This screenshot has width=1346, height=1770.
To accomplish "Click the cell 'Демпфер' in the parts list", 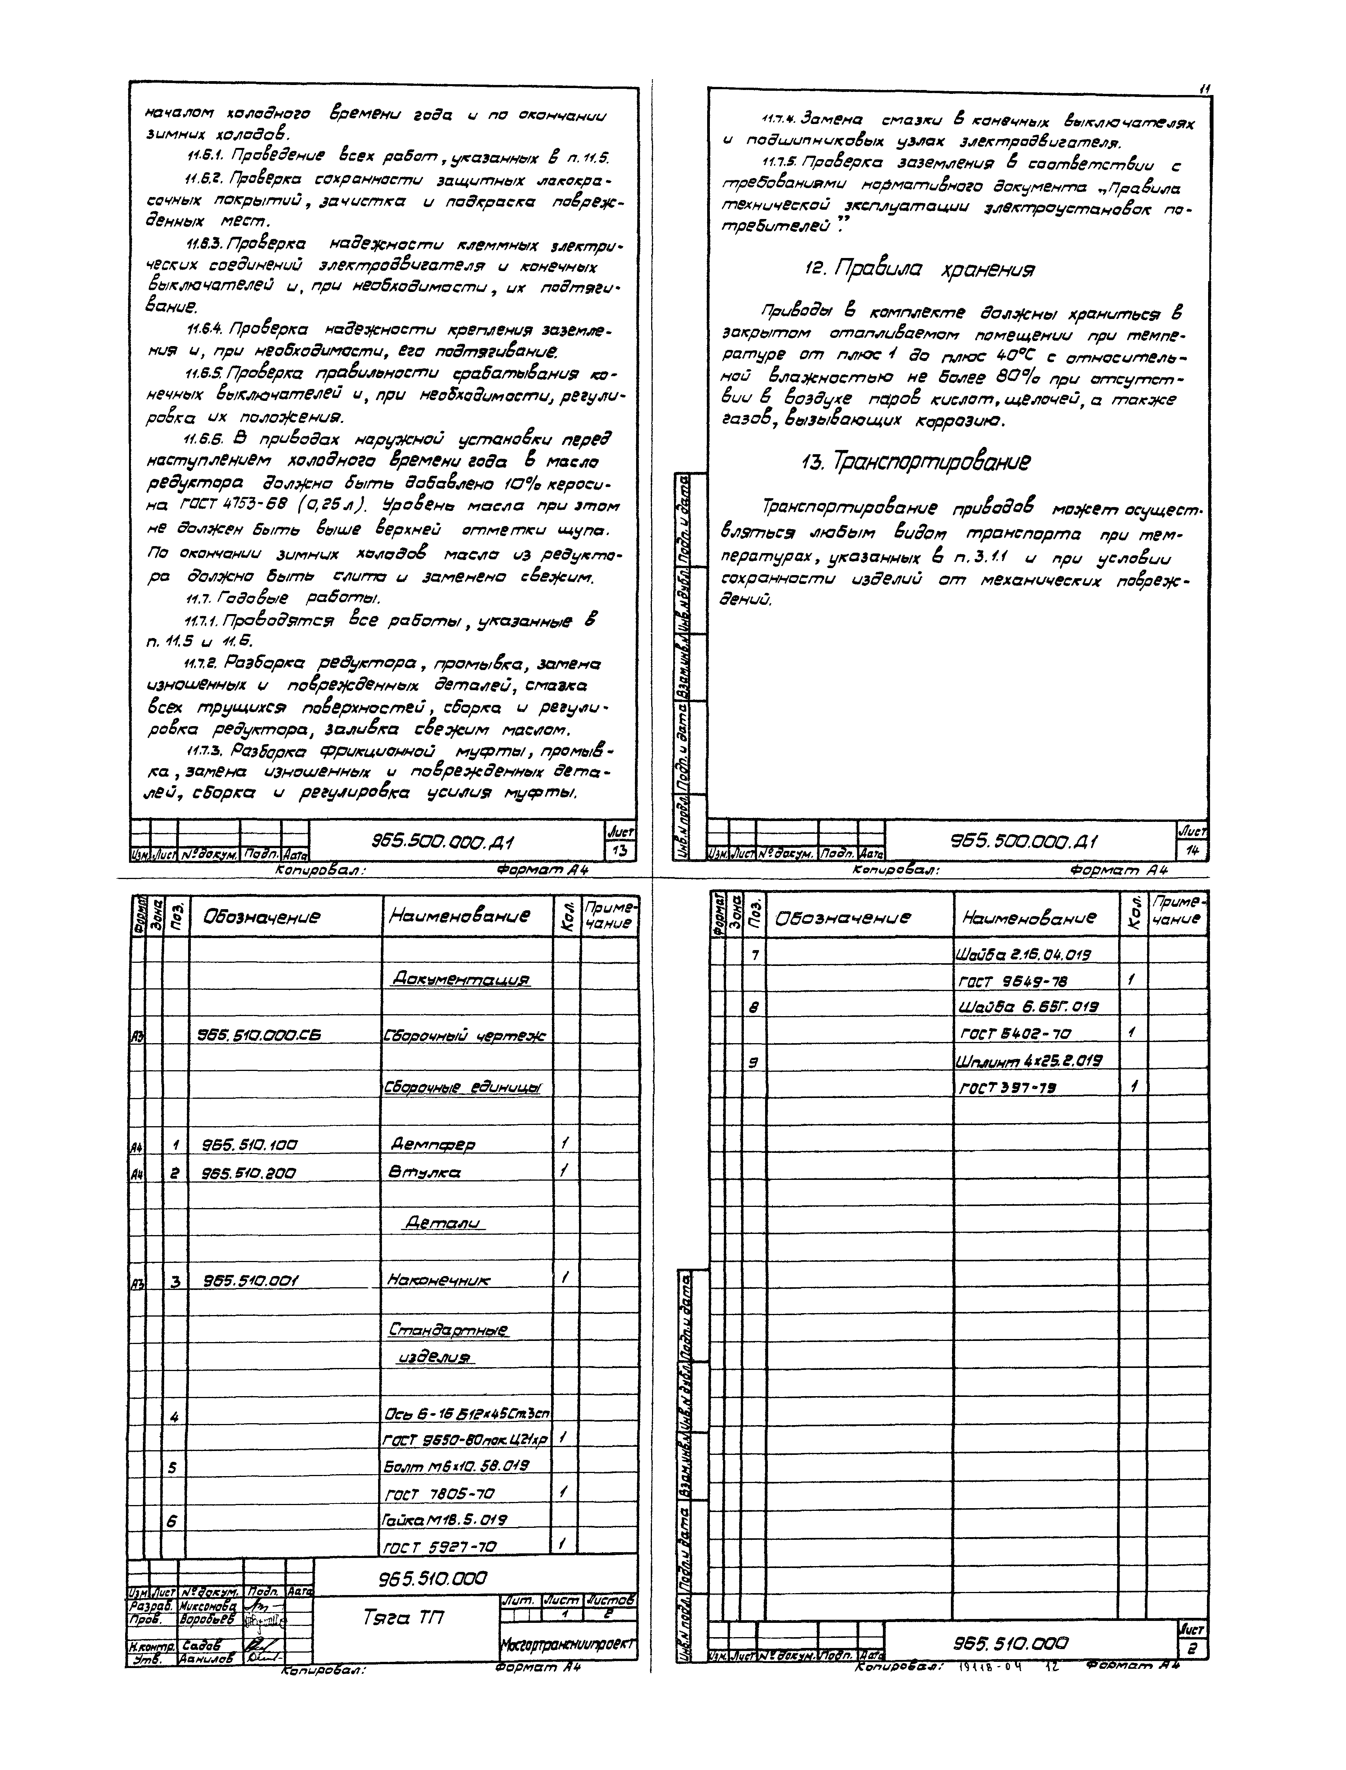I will pyautogui.click(x=433, y=1144).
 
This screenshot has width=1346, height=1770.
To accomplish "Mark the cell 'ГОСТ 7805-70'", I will pyautogui.click(x=441, y=1493).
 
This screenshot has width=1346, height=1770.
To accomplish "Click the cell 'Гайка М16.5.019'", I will pyautogui.click(x=445, y=1519).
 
